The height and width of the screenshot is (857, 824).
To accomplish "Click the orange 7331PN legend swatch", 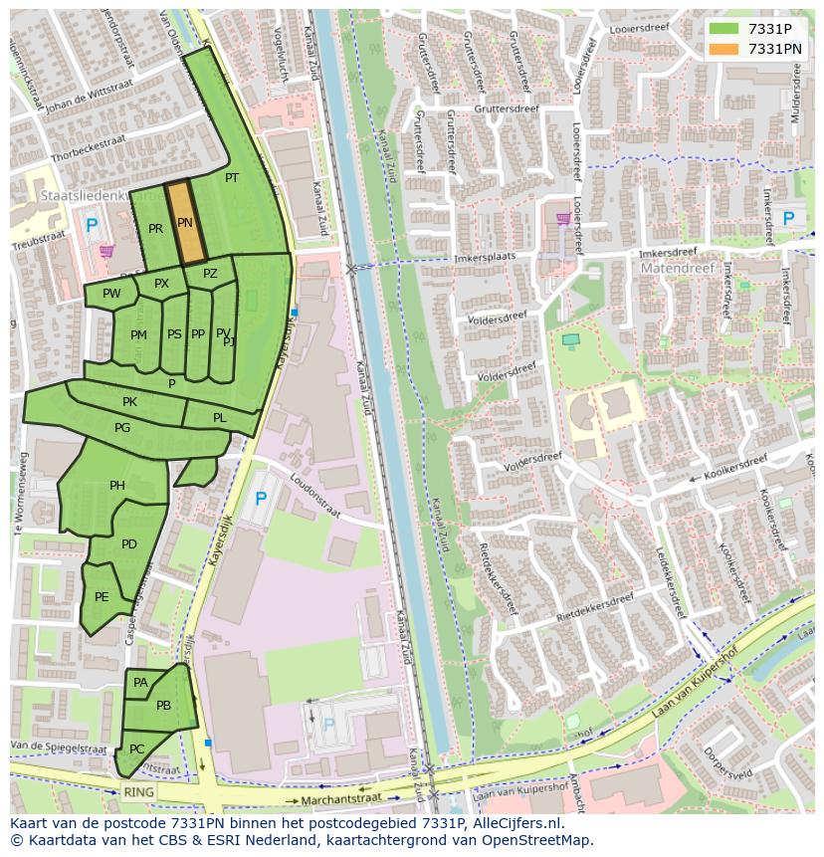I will [723, 49].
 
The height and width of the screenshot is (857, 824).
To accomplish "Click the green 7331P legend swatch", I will [723, 29].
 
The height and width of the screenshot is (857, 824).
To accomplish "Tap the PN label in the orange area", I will [185, 223].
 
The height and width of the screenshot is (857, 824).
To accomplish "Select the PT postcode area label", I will [232, 178].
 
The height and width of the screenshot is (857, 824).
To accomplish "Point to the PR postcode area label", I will [155, 229].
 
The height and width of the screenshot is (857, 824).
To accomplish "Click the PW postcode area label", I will [111, 294].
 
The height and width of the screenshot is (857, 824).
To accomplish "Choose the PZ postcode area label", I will [210, 274].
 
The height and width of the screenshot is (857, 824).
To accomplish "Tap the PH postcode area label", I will [117, 486].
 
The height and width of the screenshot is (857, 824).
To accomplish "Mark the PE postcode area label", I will [102, 597].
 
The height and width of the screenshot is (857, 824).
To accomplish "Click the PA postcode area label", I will [140, 683].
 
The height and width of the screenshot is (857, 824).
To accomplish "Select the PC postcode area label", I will [137, 750].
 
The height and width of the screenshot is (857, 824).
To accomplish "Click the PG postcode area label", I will [122, 428].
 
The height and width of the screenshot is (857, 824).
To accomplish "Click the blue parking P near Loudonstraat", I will [261, 499].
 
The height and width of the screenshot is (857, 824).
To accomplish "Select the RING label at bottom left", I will [139, 792].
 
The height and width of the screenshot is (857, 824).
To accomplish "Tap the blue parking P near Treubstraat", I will [92, 226].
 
